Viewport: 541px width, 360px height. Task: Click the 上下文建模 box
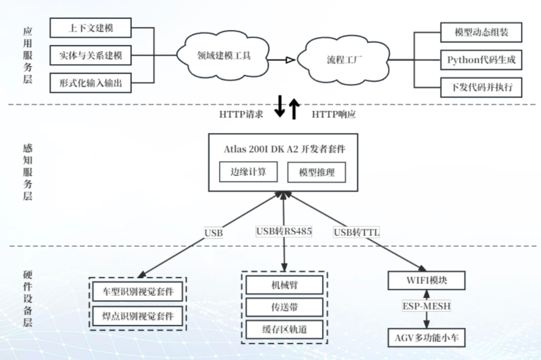coord(90,28)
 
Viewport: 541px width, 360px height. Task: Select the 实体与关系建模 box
coord(90,55)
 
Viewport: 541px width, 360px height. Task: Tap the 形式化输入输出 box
coord(90,83)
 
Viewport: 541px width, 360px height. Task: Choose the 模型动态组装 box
coord(481,33)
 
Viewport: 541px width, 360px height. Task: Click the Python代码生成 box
coord(481,60)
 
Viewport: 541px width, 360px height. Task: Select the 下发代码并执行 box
coord(481,88)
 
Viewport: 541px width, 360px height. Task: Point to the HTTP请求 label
coord(240,114)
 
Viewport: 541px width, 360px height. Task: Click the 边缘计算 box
coord(248,172)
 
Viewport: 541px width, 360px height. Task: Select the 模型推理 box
coord(316,173)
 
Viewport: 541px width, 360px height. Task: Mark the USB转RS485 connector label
coord(284,231)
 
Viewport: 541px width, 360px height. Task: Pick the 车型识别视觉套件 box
coord(138,292)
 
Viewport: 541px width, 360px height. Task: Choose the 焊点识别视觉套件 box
coord(138,316)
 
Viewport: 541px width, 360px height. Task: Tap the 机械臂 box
coord(284,285)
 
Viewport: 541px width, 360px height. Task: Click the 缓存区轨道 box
coord(284,329)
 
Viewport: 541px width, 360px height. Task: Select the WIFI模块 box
coord(426,280)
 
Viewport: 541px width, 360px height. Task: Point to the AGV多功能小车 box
coord(426,338)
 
